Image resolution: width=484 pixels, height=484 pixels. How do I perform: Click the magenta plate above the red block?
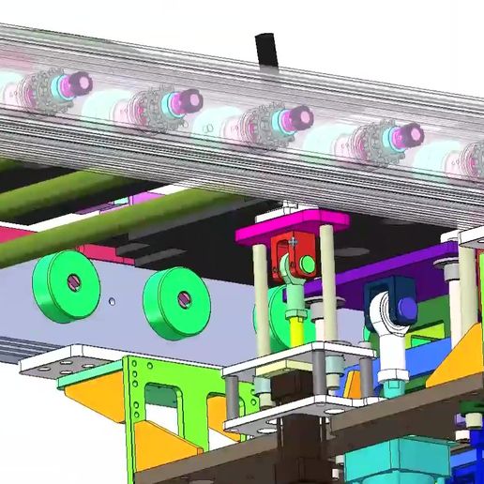click(x=291, y=224)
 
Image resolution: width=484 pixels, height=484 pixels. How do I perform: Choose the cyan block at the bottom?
click(x=375, y=465)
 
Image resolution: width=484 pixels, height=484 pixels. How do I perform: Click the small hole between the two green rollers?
click(x=112, y=302)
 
